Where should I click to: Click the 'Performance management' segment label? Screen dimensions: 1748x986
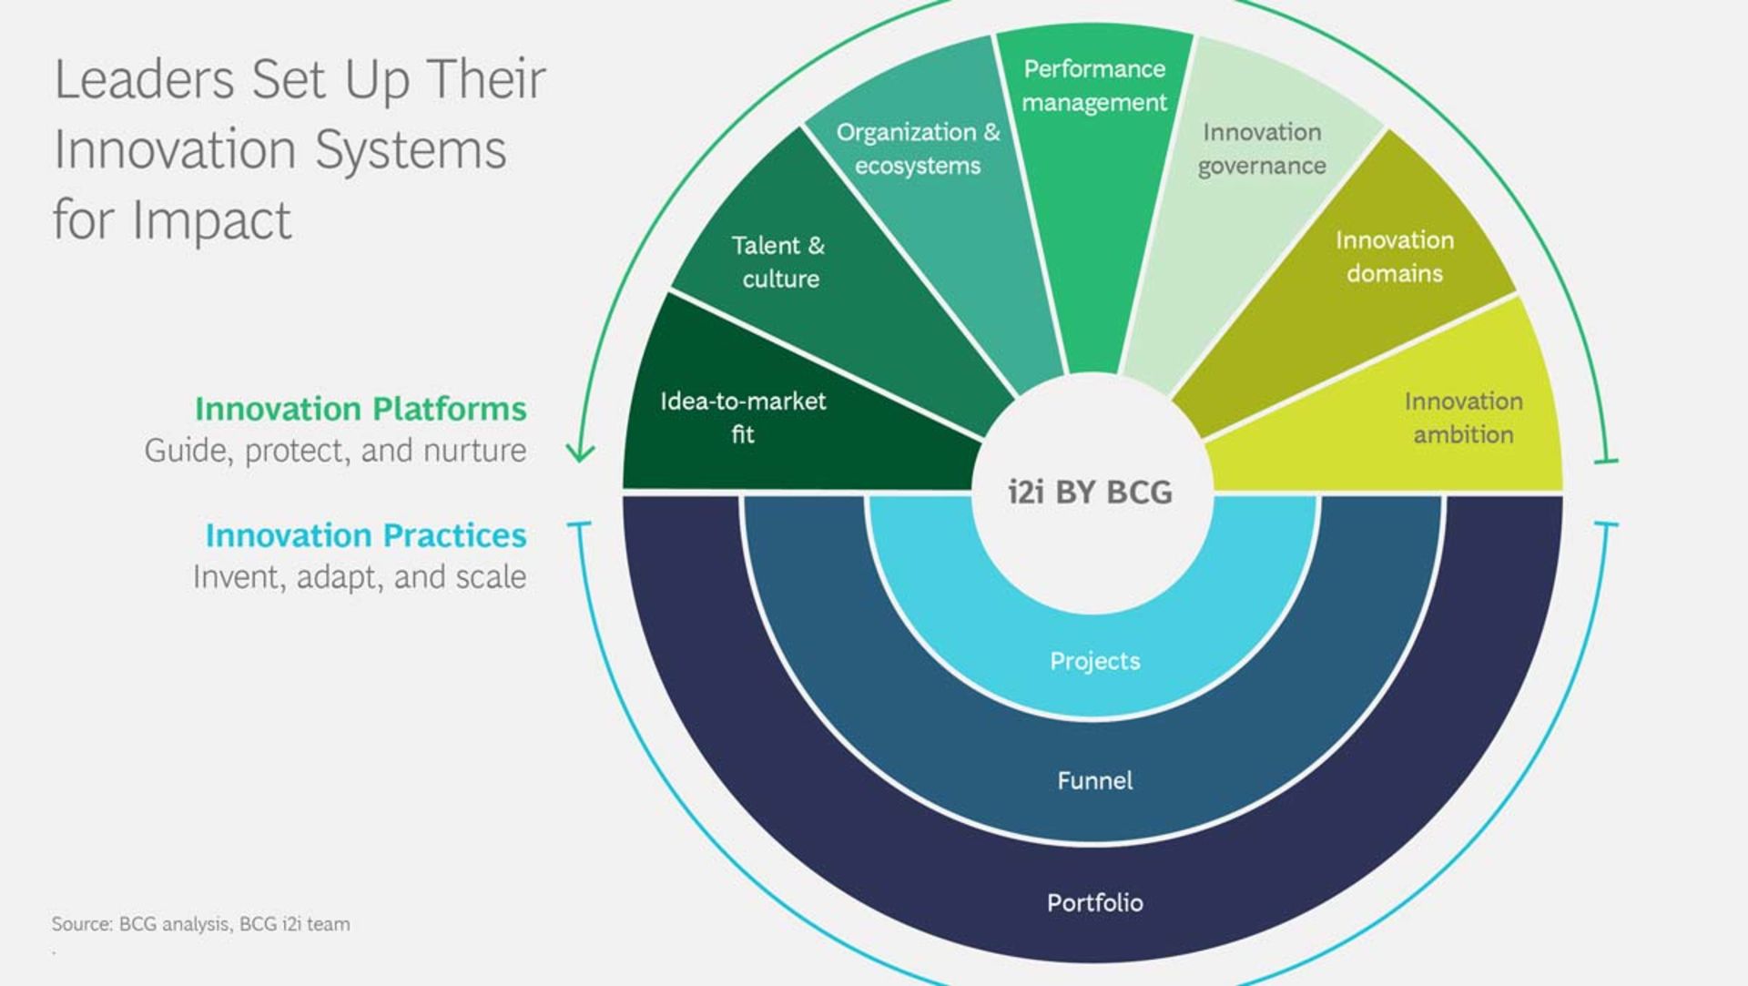tap(1094, 86)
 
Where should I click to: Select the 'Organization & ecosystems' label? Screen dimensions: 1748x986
tap(918, 148)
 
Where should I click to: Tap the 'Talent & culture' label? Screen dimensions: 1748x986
tap(779, 261)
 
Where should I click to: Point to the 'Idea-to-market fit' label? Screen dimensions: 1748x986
tap(743, 417)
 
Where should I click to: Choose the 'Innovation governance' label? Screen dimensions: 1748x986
tap(1262, 148)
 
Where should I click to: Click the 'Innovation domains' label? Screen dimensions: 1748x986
tap(1395, 256)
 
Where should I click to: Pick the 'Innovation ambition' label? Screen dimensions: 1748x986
tap(1463, 417)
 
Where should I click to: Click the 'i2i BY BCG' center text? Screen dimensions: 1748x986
tap(1090, 492)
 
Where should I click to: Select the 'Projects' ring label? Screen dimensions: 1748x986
tap(1094, 661)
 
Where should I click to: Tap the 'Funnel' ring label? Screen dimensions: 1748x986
tap(1094, 780)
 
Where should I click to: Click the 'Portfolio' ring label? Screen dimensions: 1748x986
tap(1094, 902)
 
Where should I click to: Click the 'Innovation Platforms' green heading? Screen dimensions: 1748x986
tap(361, 409)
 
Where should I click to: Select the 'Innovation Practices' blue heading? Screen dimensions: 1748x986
tap(366, 535)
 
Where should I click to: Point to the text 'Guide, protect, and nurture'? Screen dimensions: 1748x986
tap(335, 451)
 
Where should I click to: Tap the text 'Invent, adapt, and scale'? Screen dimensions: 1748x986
tap(360, 577)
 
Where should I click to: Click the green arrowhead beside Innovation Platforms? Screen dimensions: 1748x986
tap(580, 452)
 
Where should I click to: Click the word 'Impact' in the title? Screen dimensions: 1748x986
tap(212, 221)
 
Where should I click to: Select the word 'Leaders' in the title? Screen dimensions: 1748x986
tap(145, 79)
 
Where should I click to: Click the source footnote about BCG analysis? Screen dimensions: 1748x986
tap(200, 924)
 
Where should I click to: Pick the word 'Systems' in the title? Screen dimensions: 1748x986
tap(411, 151)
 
